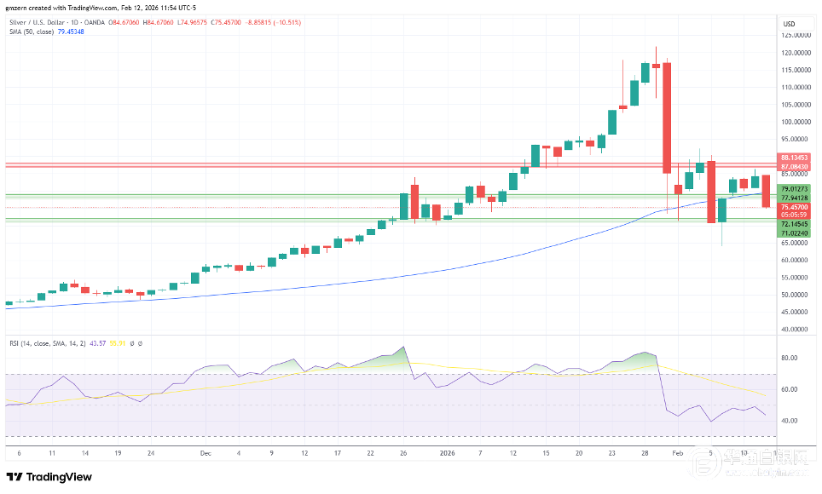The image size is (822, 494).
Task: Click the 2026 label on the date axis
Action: pyautogui.click(x=448, y=453)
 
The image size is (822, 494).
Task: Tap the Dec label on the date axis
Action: pyautogui.click(x=205, y=453)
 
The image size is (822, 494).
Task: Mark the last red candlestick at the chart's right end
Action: pyautogui.click(x=766, y=191)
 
